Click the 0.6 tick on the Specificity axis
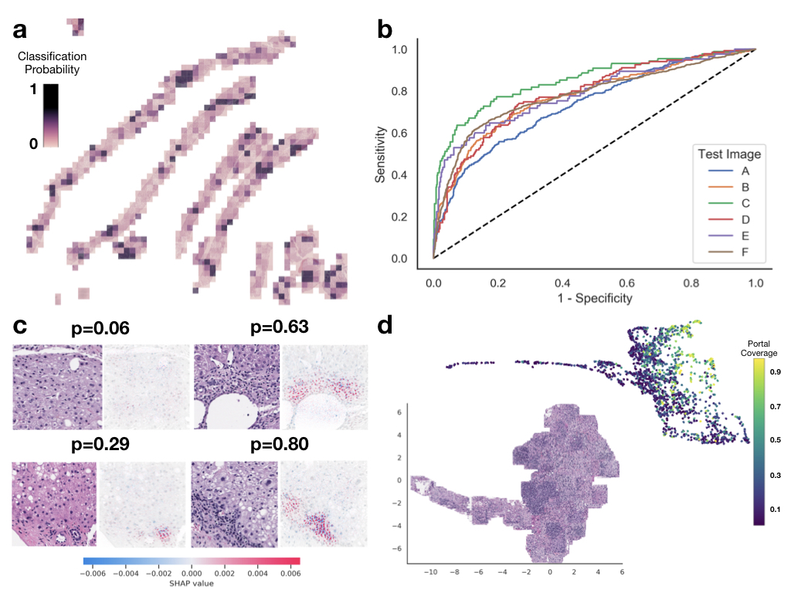627,283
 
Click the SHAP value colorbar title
191,583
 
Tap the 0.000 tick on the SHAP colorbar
191,573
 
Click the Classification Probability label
53,63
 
